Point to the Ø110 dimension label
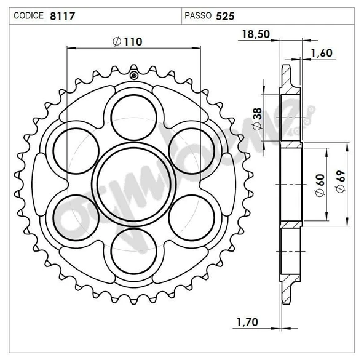128,41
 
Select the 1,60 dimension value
321,53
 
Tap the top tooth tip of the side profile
287,65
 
